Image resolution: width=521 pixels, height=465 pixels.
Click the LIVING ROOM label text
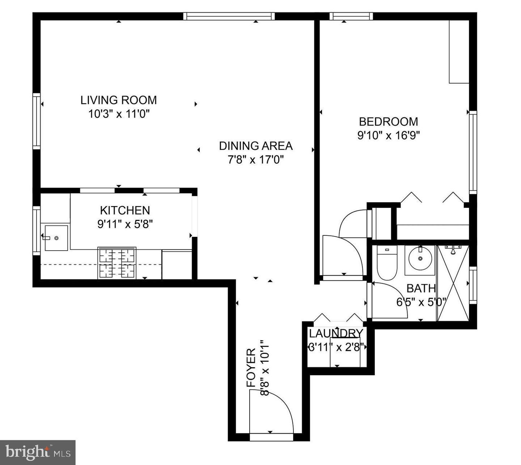pos(118,100)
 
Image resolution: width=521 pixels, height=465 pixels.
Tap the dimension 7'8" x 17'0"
pos(255,159)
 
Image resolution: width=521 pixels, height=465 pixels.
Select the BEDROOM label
pos(388,121)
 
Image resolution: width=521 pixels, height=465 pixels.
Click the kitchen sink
pos(56,238)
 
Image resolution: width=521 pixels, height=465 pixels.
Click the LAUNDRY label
pos(336,333)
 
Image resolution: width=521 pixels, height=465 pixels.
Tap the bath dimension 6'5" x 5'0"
pos(422,302)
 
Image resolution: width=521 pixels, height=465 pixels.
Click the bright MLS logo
pos(38,452)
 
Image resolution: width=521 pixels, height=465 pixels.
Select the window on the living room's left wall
pos(37,121)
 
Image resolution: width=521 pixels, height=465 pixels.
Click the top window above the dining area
pos(229,16)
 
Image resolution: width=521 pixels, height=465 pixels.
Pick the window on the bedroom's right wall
pos(473,152)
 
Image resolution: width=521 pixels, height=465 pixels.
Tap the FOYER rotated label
pos(251,368)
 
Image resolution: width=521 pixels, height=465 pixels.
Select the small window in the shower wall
pos(473,285)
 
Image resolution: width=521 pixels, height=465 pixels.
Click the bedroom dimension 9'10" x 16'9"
pos(388,135)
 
